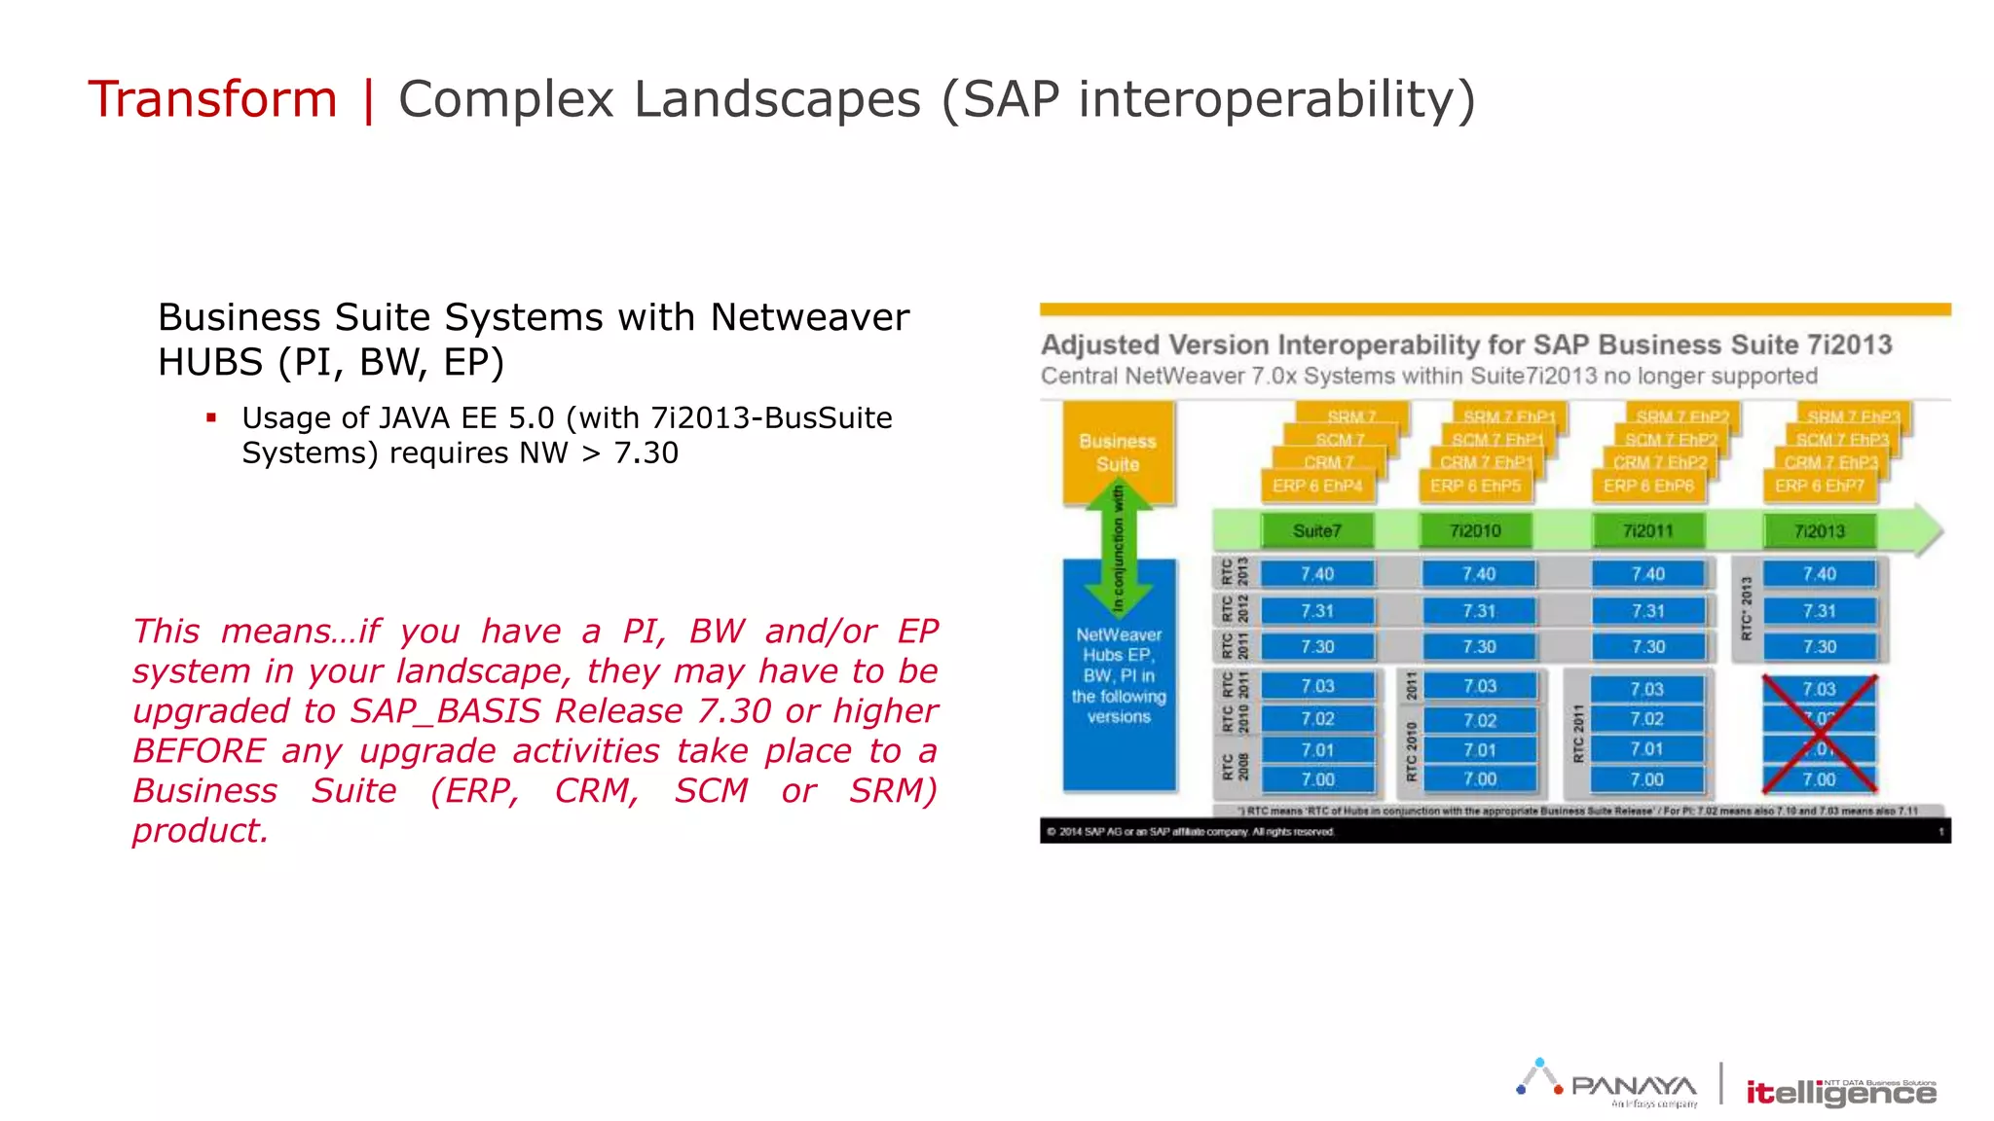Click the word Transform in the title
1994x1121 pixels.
[x=212, y=99]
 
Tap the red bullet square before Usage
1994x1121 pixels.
[x=211, y=417]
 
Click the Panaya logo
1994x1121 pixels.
[x=1608, y=1083]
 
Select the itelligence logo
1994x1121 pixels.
[x=1840, y=1093]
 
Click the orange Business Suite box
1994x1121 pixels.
[x=1117, y=452]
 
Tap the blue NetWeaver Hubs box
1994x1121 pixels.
[x=1119, y=675]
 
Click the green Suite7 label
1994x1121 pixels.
[x=1316, y=531]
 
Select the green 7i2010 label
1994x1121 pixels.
[x=1475, y=531]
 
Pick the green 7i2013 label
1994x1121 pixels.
[x=1819, y=531]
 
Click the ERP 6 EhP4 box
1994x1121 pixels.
[x=1317, y=486]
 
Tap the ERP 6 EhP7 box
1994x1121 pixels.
[x=1819, y=486]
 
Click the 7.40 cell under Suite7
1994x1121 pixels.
[x=1317, y=574]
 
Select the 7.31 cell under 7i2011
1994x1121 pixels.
[x=1647, y=611]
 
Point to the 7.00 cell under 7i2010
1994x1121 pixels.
[x=1479, y=779]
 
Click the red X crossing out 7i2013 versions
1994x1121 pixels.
[x=1819, y=734]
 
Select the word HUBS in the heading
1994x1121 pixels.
[x=210, y=362]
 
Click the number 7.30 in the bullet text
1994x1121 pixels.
[x=646, y=453]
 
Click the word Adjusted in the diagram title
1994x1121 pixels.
[x=1100, y=345]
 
